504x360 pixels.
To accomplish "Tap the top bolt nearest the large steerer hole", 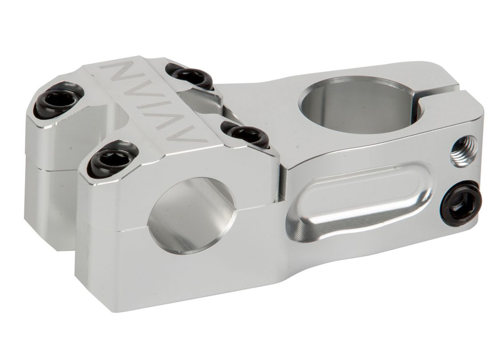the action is coord(190,76).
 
